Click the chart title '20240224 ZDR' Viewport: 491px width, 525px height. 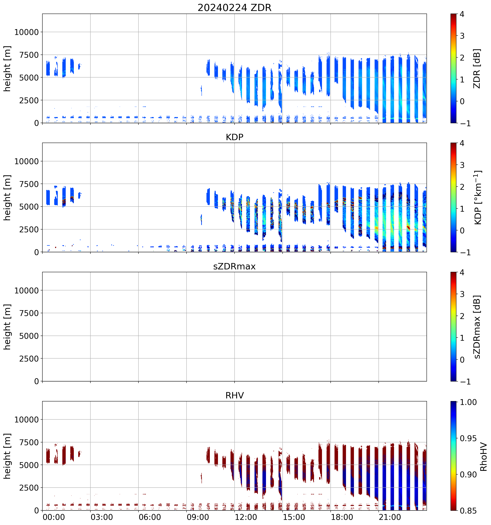(x=234, y=7)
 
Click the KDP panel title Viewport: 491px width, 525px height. (x=234, y=137)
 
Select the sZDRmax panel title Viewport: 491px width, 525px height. (x=234, y=266)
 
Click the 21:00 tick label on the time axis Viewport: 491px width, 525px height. (x=390, y=517)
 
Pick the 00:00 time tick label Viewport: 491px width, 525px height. (x=54, y=517)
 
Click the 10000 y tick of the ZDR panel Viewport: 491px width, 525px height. (x=26, y=32)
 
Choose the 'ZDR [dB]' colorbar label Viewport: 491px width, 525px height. (x=477, y=69)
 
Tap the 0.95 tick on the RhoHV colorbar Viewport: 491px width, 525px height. (x=468, y=438)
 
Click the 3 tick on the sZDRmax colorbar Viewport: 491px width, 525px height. (x=462, y=294)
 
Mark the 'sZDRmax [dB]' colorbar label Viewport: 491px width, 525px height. (x=477, y=327)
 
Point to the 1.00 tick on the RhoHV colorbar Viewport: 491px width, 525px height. (x=468, y=402)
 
